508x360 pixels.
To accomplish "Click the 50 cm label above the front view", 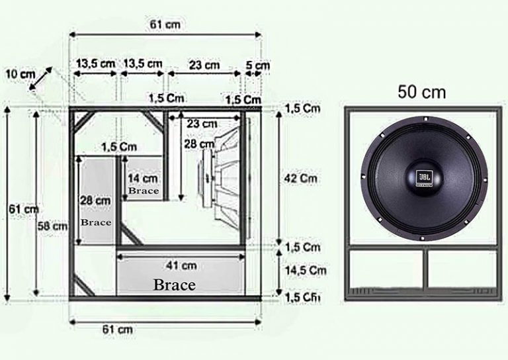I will point(421,92).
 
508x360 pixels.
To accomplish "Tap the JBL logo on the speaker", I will point(423,177).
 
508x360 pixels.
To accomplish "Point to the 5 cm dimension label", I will point(257,66).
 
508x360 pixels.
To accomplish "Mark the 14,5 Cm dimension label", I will point(306,270).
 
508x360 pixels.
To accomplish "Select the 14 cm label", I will point(144,178).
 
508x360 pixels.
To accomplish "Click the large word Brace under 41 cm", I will point(174,285).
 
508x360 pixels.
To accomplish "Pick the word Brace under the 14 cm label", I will point(144,191).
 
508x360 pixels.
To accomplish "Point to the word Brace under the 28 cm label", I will point(96,222).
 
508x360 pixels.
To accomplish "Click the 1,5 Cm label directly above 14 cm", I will point(119,146).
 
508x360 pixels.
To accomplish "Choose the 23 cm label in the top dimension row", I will point(204,65).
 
